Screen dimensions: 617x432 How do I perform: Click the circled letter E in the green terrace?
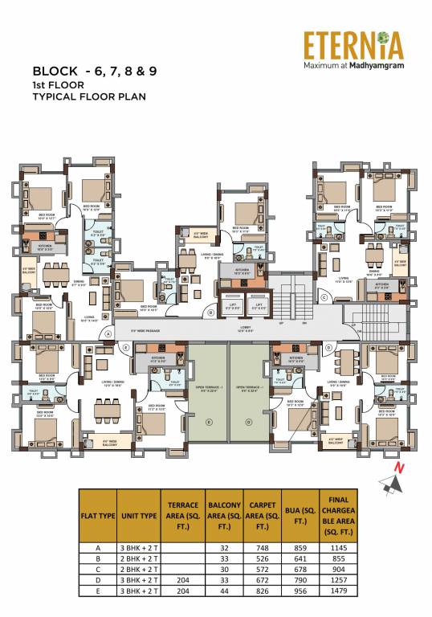[209, 421]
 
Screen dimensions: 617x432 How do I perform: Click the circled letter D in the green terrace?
[248, 421]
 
